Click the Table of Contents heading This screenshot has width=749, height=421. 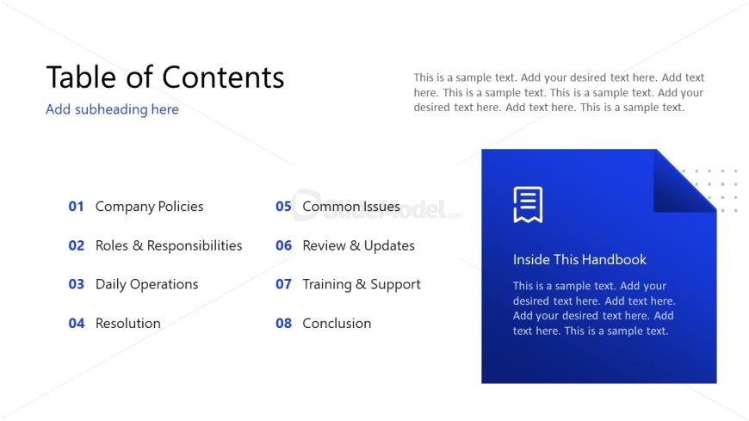pos(165,77)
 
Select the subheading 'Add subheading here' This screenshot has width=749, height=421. pos(112,109)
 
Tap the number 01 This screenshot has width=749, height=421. pos(76,207)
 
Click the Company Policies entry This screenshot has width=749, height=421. pos(150,207)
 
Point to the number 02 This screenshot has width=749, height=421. pos(77,245)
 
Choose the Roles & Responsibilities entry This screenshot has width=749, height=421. pos(169,245)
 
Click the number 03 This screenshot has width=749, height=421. pos(77,284)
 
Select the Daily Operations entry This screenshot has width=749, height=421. pos(146,285)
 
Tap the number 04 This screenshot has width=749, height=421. pos(77,324)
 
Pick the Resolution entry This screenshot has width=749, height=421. pos(128,324)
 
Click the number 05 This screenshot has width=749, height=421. pos(283,207)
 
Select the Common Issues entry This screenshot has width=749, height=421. pos(351,207)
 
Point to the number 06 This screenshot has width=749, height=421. pos(284,245)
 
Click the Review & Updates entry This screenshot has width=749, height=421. pos(359,246)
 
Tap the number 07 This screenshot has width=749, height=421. pos(284,284)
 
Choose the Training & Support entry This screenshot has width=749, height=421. pos(362,285)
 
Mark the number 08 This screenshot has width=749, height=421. pos(284,324)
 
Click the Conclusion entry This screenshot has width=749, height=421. pos(337,324)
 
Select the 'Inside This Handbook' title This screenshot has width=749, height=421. pos(579,259)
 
